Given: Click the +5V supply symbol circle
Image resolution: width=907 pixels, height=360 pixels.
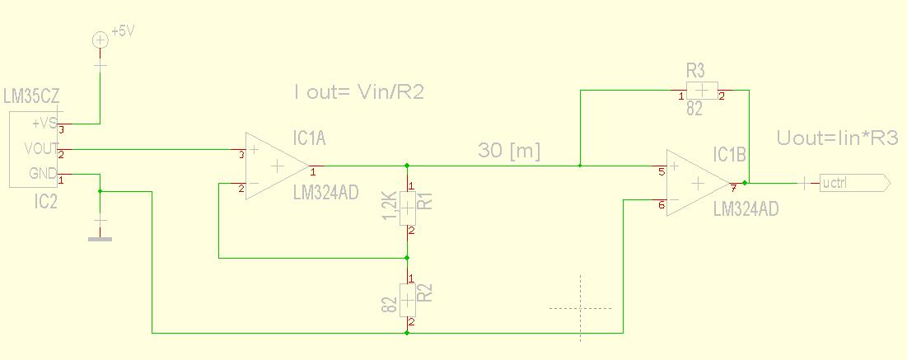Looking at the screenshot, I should [x=100, y=40].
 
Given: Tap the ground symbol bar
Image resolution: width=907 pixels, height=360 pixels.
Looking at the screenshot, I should [x=101, y=239].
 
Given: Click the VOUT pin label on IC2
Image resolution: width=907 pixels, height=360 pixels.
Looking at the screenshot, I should [x=41, y=149].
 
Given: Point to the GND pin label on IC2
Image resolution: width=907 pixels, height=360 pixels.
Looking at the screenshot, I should [x=42, y=174].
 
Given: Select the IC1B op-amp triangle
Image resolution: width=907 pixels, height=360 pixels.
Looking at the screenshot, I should [x=697, y=182].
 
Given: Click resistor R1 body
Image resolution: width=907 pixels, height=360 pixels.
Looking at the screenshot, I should [x=407, y=208].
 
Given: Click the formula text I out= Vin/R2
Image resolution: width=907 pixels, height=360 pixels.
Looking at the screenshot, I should [x=359, y=92].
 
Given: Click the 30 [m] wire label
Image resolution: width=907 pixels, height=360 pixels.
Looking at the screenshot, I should [x=508, y=152].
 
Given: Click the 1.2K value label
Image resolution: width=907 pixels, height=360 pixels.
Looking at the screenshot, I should [x=390, y=206].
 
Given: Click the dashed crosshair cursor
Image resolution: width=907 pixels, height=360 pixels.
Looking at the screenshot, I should [x=581, y=308].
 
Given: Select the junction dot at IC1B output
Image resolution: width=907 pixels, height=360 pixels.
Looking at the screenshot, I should [x=745, y=183].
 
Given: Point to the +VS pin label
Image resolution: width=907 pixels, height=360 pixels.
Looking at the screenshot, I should [x=44, y=124].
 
